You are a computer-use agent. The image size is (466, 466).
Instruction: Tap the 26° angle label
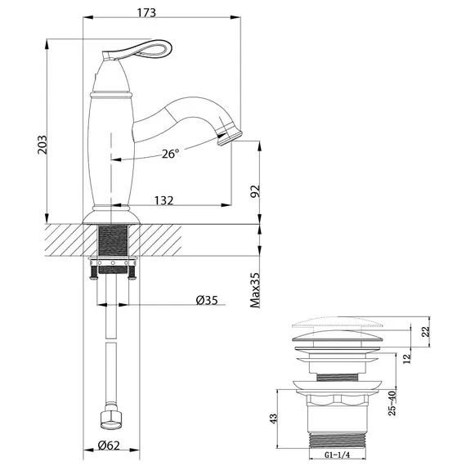[170, 153]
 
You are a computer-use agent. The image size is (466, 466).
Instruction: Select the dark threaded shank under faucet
[112, 243]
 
